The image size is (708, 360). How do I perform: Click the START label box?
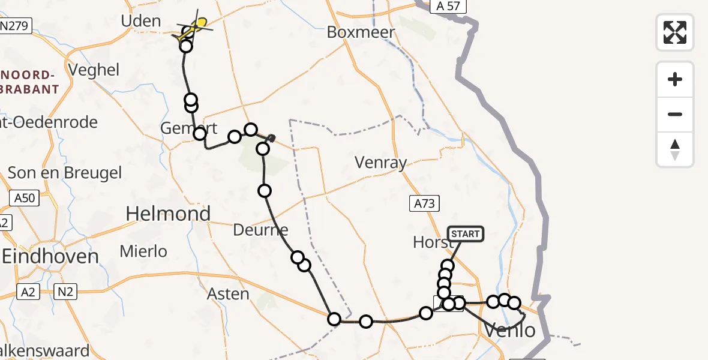[x=466, y=233]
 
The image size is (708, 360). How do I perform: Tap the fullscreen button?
[x=675, y=32]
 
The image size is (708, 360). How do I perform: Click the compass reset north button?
[x=675, y=149]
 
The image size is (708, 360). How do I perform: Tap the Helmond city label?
[x=169, y=214]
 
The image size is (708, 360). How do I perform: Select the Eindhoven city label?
[x=50, y=256]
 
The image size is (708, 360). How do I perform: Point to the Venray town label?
[x=380, y=163]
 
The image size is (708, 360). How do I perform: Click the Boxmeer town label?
[x=361, y=32]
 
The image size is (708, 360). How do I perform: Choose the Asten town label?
[x=228, y=294]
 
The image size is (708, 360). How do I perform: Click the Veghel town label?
[x=94, y=70]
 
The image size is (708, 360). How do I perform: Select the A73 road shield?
[x=424, y=203]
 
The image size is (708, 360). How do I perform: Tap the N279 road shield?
[x=16, y=26]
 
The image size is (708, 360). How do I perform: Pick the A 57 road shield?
[x=448, y=7]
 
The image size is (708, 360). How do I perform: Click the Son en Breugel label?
[x=65, y=173]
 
